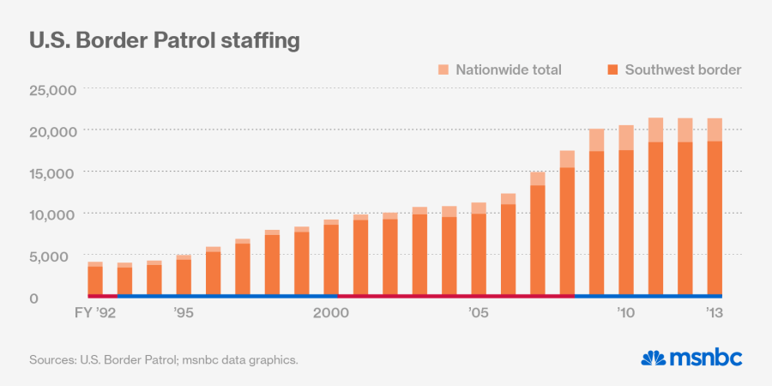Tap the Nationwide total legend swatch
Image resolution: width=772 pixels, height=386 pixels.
click(x=443, y=69)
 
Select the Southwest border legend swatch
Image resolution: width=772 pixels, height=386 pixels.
click(x=612, y=69)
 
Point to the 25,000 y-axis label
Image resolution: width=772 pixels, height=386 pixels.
click(x=54, y=89)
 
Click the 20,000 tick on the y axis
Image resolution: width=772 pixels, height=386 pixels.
click(x=54, y=130)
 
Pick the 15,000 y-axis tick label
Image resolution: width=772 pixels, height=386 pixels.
click(x=54, y=172)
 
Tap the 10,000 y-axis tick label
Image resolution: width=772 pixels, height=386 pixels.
click(x=54, y=214)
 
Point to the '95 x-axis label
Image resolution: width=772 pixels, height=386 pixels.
click(x=183, y=314)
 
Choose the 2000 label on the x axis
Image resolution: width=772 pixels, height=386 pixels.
click(x=330, y=314)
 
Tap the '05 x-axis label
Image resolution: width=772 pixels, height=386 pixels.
click(x=478, y=314)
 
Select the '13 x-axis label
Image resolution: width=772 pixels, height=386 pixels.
click(x=714, y=314)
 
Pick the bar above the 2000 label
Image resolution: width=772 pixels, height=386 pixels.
click(x=330, y=257)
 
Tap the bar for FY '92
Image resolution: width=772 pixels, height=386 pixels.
click(x=94, y=279)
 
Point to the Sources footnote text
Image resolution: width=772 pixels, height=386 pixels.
click(x=164, y=359)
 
